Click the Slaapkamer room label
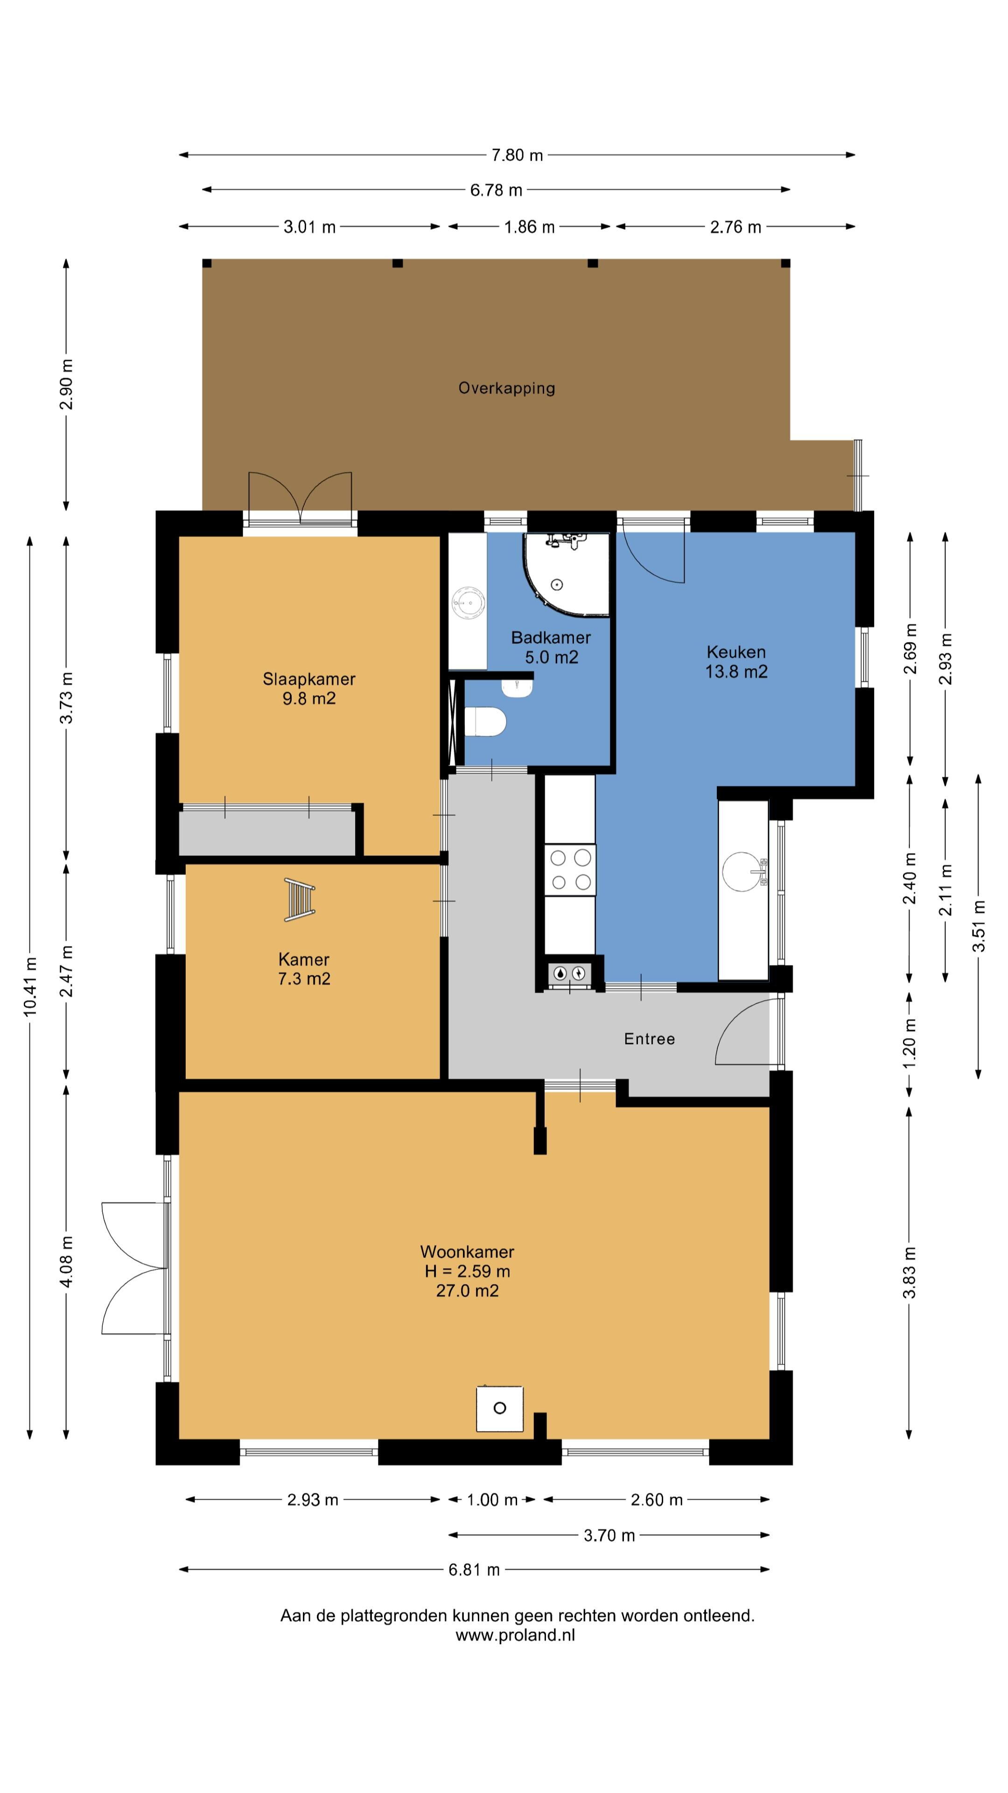click(x=309, y=678)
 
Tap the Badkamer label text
click(x=551, y=637)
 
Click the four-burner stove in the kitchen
click(x=570, y=870)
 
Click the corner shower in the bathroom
click(x=567, y=574)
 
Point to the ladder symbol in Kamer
click(x=299, y=900)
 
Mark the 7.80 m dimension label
click(x=517, y=155)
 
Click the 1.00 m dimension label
click(x=492, y=1500)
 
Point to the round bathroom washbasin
click(x=468, y=602)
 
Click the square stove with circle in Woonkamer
click(x=499, y=1409)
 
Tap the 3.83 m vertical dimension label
click(x=909, y=1273)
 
